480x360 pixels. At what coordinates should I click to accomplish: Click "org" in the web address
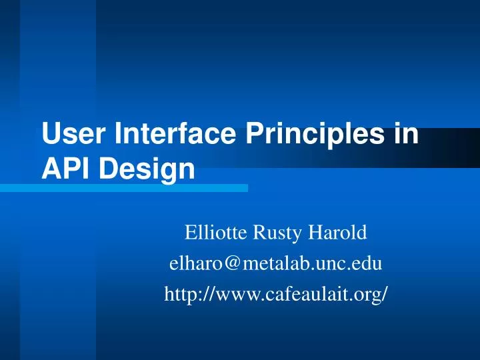(369, 295)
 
